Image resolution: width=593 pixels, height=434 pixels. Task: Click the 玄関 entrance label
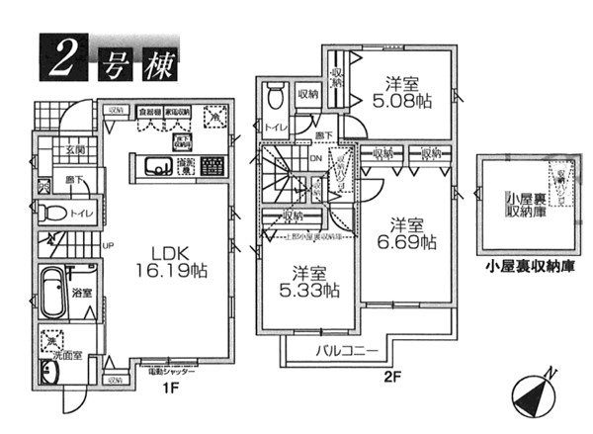(x=75, y=150)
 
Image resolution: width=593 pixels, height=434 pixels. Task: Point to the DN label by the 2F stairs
(x=315, y=158)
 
